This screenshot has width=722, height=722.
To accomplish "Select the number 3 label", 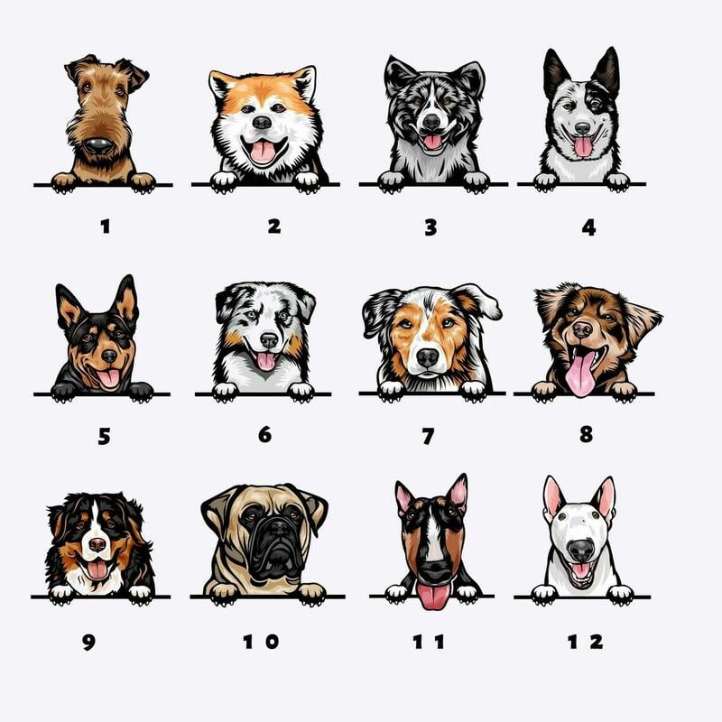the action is tap(430, 227).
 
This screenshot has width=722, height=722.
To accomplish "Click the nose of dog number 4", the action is tap(582, 127).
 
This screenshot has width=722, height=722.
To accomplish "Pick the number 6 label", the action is tap(264, 434).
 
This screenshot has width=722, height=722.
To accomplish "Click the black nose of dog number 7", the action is tap(427, 357).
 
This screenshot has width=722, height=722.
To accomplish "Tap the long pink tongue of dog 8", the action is tap(579, 374).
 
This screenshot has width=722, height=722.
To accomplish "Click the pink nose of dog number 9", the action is tap(97, 545).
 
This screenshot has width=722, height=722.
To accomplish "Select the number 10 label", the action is tap(261, 642).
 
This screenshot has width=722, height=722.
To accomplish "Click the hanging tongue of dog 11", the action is tap(432, 597).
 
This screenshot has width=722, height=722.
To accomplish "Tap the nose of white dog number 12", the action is tap(581, 551).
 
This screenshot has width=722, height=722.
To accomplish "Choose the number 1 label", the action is tap(106, 227).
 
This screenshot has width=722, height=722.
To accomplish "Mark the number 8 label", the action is tap(586, 434).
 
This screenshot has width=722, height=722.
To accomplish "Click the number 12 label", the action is tap(585, 642).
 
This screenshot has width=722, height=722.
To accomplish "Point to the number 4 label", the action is tap(589, 227).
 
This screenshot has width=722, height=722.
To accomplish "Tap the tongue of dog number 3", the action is tap(432, 142).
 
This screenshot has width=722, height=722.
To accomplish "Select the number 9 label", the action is tap(88, 642).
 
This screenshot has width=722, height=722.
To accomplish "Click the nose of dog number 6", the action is tap(269, 340).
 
